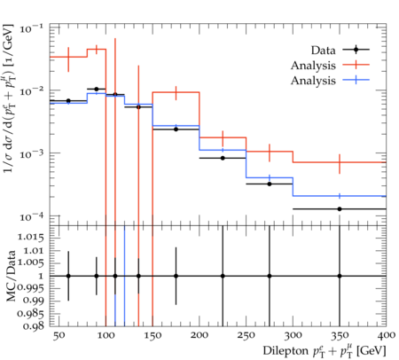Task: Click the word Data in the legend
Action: pos(323,51)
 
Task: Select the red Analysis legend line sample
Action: pos(356,65)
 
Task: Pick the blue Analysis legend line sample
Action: pos(356,80)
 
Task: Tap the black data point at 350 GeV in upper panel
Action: pos(340,209)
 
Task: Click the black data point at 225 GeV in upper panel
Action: pos(223,158)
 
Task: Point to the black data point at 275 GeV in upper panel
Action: pos(270,184)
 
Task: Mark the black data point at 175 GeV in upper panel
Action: pos(176,129)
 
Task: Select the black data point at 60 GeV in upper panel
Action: pos(68,101)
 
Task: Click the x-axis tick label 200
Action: pos(199,335)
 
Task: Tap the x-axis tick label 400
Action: pos(386,335)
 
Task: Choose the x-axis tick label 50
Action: pos(59,335)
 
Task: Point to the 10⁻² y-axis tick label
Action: pos(31,90)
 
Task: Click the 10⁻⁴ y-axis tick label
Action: pos(31,216)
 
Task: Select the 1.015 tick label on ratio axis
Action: pos(31,237)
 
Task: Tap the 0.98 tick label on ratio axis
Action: pos(34,325)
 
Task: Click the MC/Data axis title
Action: pos(11,276)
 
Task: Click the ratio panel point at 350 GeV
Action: pos(340,276)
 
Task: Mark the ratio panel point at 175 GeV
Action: pos(176,276)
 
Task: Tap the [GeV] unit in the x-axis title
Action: pos(372,351)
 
